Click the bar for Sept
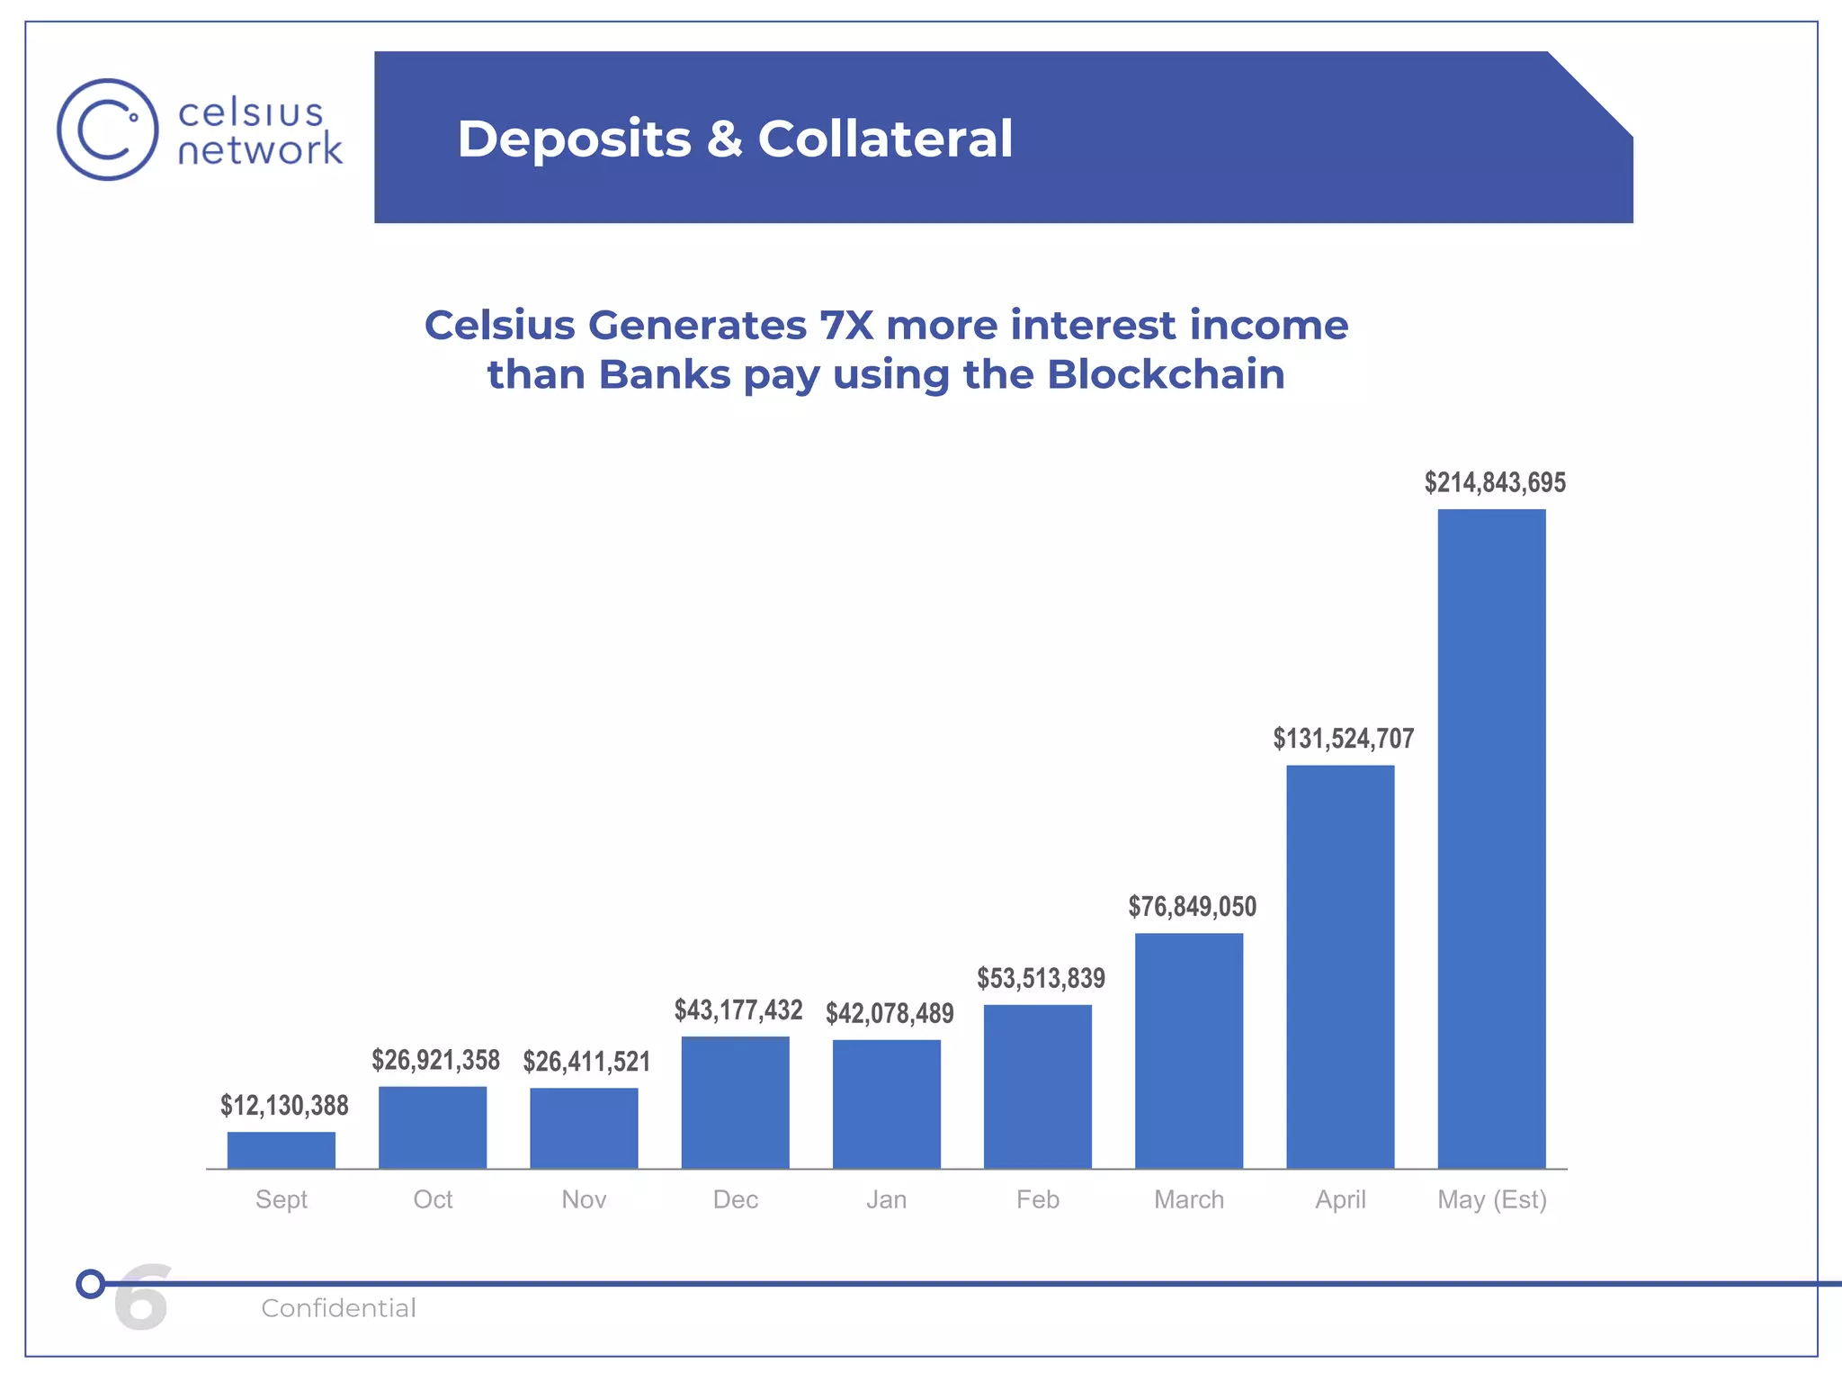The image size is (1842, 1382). [x=282, y=1150]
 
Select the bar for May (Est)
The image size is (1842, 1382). [x=1491, y=839]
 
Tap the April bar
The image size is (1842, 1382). [x=1340, y=966]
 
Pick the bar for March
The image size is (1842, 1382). [x=1189, y=1050]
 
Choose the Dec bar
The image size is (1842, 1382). [x=735, y=1102]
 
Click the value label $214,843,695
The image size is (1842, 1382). [x=1495, y=483]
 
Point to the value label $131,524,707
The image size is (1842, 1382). [x=1344, y=739]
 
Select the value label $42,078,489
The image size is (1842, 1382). [x=890, y=1014]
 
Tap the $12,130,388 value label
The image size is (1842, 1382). [x=284, y=1106]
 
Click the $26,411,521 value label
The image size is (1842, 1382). [x=586, y=1062]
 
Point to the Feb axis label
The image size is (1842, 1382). [x=1038, y=1199]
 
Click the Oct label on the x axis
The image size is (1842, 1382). [x=433, y=1199]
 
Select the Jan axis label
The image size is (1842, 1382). [x=886, y=1199]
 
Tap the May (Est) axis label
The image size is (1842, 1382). [x=1492, y=1199]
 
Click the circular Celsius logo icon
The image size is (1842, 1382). [x=108, y=130]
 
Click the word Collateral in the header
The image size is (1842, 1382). [x=885, y=139]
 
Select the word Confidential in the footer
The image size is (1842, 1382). [x=338, y=1308]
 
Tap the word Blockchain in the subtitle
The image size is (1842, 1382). [x=1166, y=374]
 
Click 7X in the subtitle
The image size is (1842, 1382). [x=846, y=325]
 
